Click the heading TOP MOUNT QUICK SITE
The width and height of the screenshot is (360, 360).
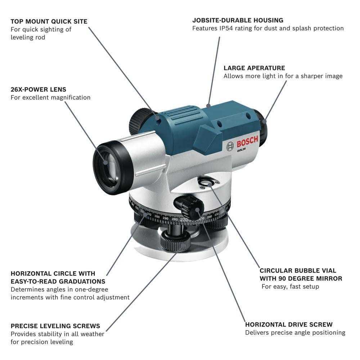[49, 22]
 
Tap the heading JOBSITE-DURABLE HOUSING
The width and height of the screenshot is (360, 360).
[238, 21]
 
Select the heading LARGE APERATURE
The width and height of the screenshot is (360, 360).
[254, 68]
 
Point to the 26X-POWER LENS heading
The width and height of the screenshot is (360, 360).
[39, 89]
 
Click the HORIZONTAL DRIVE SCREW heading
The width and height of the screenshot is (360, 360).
[289, 325]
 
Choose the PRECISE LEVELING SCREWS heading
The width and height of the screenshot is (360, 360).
[55, 326]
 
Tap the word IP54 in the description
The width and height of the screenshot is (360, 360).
[226, 28]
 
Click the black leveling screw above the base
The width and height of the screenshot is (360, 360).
[175, 239]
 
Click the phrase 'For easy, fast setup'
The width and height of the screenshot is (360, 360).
[290, 287]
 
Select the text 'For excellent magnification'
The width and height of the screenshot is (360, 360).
[50, 98]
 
